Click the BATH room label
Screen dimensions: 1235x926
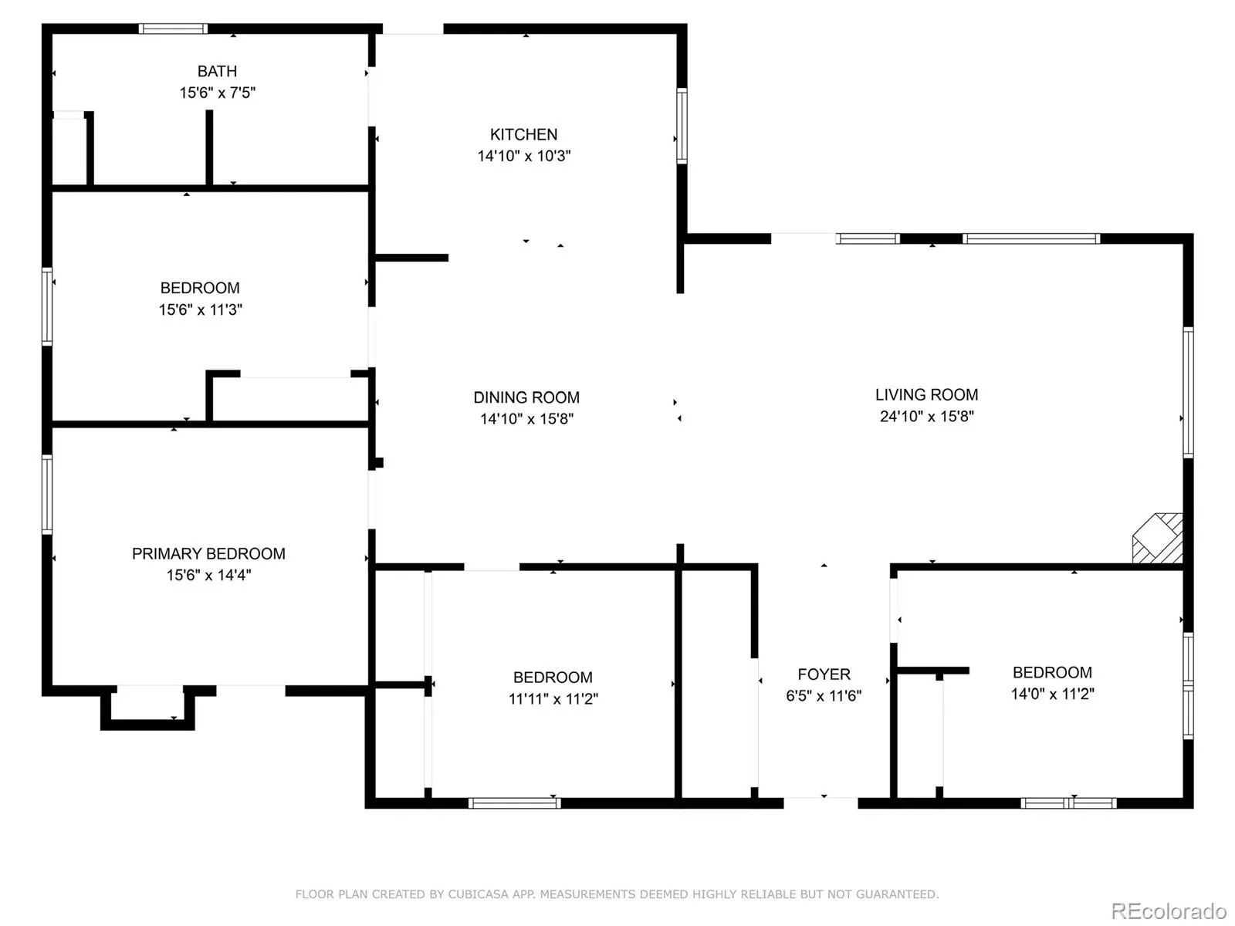point(217,72)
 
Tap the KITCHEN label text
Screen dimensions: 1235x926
point(523,134)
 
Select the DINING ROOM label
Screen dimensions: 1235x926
point(526,397)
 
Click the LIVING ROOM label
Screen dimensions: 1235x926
point(926,394)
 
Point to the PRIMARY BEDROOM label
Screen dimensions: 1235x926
point(208,554)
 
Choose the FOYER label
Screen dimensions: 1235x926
point(824,674)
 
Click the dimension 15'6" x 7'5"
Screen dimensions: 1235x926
point(217,93)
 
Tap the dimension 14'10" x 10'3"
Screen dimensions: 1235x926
point(524,156)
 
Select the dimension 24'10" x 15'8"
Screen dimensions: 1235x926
point(927,416)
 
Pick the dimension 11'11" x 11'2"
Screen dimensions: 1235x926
point(553,698)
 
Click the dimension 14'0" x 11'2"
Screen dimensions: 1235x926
point(1052,694)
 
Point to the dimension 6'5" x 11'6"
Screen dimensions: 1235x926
point(824,695)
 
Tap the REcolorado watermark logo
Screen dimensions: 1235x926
point(1169,911)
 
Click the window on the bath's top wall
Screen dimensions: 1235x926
point(174,29)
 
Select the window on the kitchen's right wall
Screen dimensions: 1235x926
point(682,126)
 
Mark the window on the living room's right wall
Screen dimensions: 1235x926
point(1188,393)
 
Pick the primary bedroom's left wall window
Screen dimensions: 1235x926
point(47,494)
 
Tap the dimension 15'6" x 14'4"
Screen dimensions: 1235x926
point(208,575)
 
